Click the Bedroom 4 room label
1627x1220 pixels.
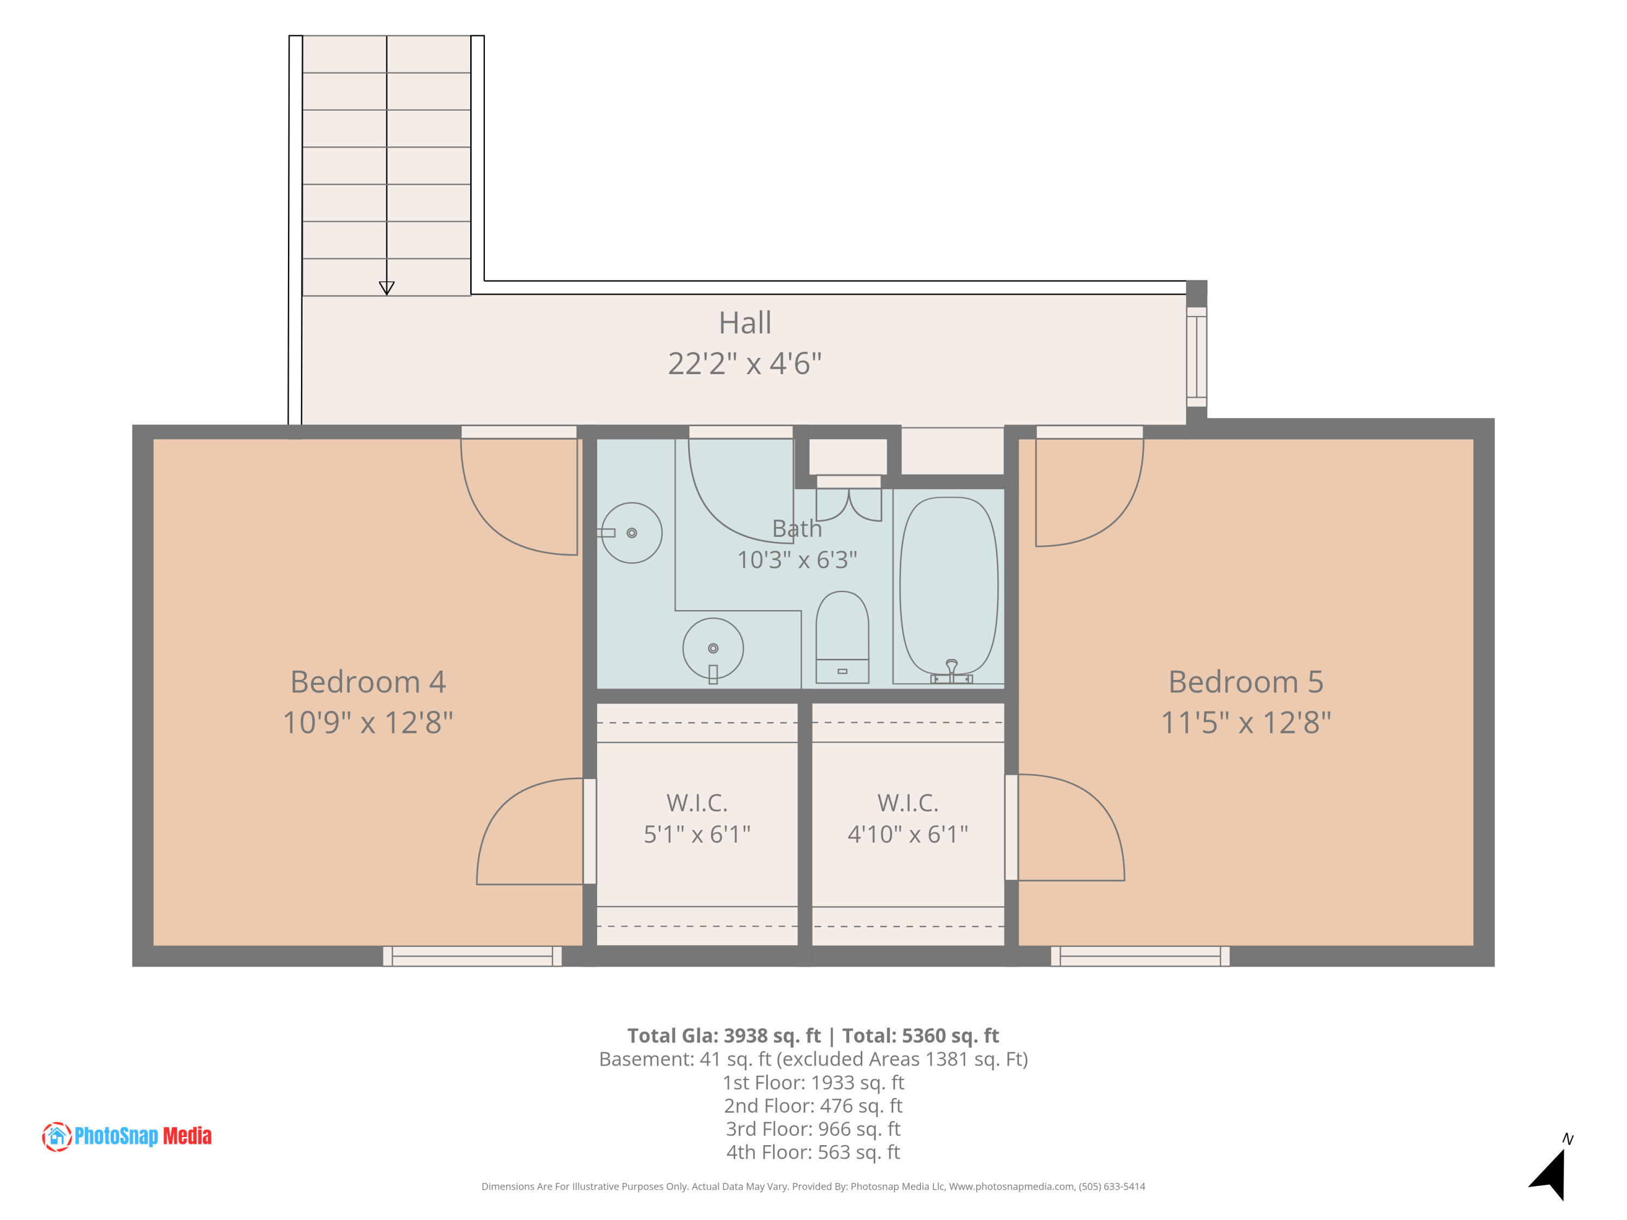pyautogui.click(x=368, y=682)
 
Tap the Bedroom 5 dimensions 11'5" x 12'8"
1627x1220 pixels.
pyautogui.click(x=1245, y=722)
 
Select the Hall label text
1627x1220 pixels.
pyautogui.click(x=745, y=322)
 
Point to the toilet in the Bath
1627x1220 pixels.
pyautogui.click(x=842, y=637)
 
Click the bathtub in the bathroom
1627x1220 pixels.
pyautogui.click(x=949, y=586)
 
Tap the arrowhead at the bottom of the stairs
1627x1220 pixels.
pyautogui.click(x=386, y=287)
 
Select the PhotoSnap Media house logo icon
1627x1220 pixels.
pyautogui.click(x=56, y=1136)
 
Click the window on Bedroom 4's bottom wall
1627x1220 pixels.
pyautogui.click(x=472, y=956)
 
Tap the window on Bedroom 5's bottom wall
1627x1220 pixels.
pyautogui.click(x=1140, y=956)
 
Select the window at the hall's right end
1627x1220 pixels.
pyautogui.click(x=1197, y=357)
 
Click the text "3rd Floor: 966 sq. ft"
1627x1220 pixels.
pyautogui.click(x=813, y=1129)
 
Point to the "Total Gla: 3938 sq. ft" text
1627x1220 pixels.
pyautogui.click(x=724, y=1036)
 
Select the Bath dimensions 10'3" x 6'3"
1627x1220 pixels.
pyautogui.click(x=797, y=560)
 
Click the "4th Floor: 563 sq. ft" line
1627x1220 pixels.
pyautogui.click(x=813, y=1152)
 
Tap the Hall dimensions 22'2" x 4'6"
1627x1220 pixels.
pyautogui.click(x=745, y=363)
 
